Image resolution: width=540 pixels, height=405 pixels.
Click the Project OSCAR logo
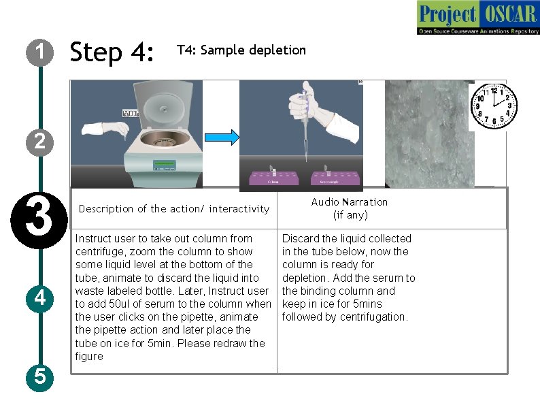pyautogui.click(x=477, y=18)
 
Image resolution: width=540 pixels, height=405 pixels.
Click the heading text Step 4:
pyautogui.click(x=112, y=52)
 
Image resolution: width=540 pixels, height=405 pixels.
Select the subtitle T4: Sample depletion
pyautogui.click(x=241, y=50)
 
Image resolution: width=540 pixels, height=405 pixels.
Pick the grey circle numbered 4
pyautogui.click(x=40, y=297)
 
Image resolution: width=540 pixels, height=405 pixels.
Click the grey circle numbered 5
pyautogui.click(x=40, y=376)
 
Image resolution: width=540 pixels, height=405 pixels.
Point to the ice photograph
pyautogui.click(x=427, y=133)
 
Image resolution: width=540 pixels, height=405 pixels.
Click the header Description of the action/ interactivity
pyautogui.click(x=174, y=209)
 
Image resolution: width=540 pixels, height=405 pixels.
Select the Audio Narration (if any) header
pyautogui.click(x=350, y=208)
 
